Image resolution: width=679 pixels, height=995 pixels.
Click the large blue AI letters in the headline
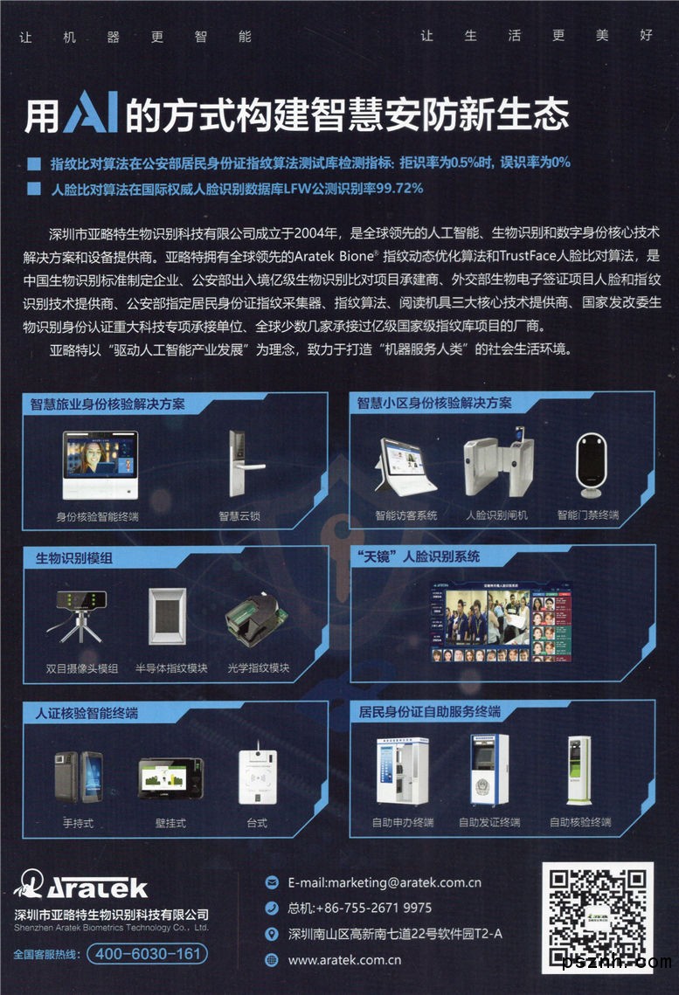click(x=91, y=113)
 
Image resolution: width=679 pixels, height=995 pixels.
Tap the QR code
click(x=597, y=917)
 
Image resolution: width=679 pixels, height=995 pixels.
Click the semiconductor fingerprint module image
click(x=168, y=616)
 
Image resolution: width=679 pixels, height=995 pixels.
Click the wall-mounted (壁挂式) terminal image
click(x=171, y=777)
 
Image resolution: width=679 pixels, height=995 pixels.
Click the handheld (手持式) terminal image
click(x=80, y=777)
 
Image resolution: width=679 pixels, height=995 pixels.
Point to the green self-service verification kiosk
click(x=579, y=771)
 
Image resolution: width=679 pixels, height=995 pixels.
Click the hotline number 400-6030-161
click(x=147, y=954)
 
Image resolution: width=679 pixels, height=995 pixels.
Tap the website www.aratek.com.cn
click(x=344, y=960)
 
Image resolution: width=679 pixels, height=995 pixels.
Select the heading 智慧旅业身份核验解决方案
click(x=107, y=404)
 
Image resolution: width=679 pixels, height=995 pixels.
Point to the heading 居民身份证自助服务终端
click(x=430, y=711)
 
